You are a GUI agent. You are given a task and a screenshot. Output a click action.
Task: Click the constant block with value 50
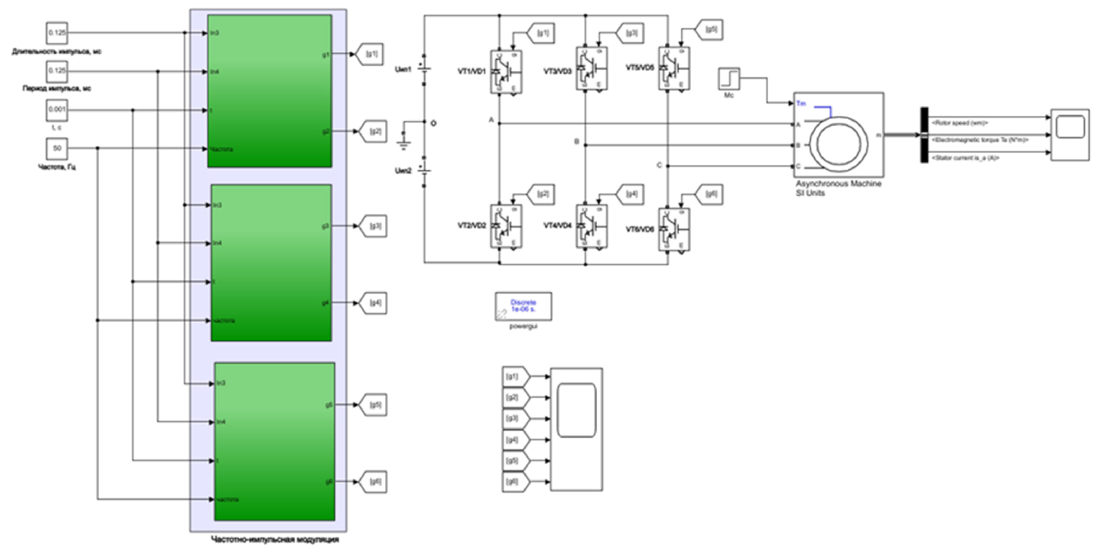57,148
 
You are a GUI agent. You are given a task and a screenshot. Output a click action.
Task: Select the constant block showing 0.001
57,110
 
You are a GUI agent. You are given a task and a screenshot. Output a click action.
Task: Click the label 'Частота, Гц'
57,167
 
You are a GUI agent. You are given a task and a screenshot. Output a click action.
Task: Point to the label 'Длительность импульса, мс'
57,52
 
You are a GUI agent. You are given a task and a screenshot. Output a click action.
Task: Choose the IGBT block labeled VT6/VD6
674,229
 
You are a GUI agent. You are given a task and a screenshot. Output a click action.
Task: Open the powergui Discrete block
523,306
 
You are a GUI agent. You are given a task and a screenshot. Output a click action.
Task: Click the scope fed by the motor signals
1070,135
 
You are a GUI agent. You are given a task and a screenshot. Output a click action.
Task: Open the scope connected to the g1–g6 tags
576,429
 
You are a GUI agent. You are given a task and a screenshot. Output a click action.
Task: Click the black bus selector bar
925,135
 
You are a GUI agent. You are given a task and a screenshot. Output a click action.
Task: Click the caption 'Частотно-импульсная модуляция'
275,540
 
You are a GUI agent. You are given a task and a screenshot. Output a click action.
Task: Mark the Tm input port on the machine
800,103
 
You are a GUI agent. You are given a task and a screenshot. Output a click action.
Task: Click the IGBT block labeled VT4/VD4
591,226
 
